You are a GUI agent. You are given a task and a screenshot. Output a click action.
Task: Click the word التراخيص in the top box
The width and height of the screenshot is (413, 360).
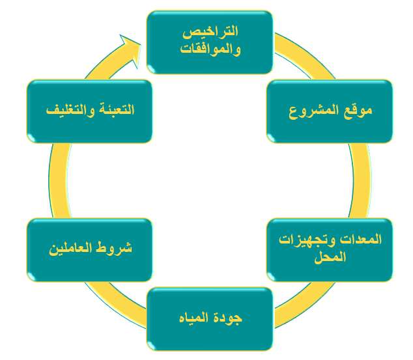click(x=210, y=32)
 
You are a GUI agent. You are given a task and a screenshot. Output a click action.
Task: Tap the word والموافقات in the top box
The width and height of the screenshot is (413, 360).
click(x=210, y=49)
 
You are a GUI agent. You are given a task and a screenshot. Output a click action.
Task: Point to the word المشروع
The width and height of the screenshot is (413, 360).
click(x=314, y=111)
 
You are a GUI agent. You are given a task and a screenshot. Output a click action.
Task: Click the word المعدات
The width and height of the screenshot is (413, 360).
click(x=361, y=240)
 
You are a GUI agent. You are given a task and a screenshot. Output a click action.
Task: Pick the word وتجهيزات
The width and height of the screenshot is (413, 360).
click(x=307, y=240)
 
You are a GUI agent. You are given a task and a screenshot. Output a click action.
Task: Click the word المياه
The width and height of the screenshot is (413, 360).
click(x=195, y=318)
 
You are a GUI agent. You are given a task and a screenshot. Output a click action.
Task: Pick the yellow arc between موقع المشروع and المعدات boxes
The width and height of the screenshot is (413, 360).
click(x=362, y=180)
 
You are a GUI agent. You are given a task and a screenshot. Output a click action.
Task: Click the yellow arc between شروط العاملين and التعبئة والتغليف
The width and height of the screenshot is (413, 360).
click(x=59, y=180)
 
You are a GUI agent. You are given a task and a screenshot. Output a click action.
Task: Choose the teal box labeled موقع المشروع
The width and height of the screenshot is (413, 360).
click(x=330, y=111)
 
